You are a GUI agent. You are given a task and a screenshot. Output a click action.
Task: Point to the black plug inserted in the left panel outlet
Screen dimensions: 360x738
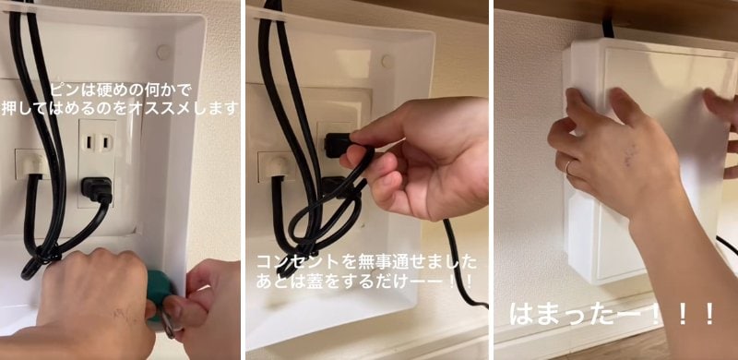[97, 189]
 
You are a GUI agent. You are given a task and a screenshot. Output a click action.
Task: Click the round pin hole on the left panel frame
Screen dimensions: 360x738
[163, 53]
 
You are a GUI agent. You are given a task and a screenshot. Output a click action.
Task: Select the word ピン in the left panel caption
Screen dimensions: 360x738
[64, 90]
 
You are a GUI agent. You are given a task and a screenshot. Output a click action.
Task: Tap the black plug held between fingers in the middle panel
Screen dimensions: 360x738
[335, 145]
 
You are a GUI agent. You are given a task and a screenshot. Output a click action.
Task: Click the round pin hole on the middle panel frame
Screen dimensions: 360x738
[387, 62]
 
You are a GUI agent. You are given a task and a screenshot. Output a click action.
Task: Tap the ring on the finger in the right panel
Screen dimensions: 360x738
[568, 167]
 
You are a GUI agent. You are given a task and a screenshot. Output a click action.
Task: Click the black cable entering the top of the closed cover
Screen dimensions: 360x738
[607, 28]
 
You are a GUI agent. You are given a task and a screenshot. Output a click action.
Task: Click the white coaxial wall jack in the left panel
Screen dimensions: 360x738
[30, 163]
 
